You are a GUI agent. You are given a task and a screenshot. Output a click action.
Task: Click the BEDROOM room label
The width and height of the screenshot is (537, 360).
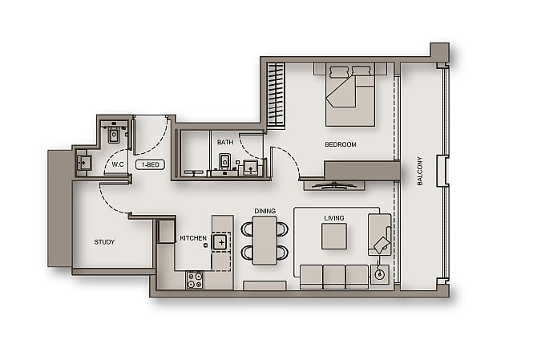pyautogui.click(x=340, y=144)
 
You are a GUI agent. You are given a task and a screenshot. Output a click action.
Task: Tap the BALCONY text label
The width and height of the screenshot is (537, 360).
pyautogui.click(x=419, y=171)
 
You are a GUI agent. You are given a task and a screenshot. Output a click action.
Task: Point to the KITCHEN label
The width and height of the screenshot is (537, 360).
pyautogui.click(x=192, y=238)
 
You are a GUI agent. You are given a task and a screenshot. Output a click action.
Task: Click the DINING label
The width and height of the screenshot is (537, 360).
pyautogui.click(x=265, y=211)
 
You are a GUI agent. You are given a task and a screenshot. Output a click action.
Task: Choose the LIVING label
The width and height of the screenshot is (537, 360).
pyautogui.click(x=333, y=217)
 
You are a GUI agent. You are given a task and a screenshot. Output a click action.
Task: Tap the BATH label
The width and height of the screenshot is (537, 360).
pyautogui.click(x=225, y=143)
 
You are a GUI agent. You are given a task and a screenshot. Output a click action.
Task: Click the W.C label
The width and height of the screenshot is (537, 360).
pyautogui.click(x=117, y=164)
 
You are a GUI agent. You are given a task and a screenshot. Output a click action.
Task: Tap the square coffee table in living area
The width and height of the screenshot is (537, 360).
pyautogui.click(x=333, y=237)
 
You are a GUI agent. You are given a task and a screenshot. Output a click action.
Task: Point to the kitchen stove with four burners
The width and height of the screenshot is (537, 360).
pyautogui.click(x=194, y=280)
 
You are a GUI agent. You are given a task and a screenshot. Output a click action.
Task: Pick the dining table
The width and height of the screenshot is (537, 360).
pyautogui.click(x=264, y=241)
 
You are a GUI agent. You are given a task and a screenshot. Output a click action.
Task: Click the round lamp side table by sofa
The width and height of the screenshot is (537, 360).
pyautogui.click(x=379, y=274)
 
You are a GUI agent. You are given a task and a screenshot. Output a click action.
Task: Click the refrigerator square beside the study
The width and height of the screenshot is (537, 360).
pyautogui.click(x=166, y=231)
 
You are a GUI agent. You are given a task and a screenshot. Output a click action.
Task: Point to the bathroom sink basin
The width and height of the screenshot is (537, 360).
pyautogui.click(x=250, y=168)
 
